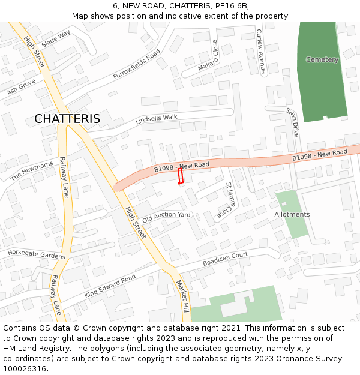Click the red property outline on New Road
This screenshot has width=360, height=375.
coord(180,176)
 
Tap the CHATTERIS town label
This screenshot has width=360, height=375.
coord(67,119)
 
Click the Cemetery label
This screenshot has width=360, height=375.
coord(322,59)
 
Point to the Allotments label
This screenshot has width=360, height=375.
coord(292,214)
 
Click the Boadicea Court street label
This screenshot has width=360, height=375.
coord(225,259)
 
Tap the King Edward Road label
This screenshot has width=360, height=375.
coord(110,287)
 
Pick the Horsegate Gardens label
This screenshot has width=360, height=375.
coord(36,254)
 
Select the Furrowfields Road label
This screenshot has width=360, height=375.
coord(137,65)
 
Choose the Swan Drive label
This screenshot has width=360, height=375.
coord(292,122)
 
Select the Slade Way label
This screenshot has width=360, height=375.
coord(56,38)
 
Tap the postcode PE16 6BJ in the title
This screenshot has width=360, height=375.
coord(234,6)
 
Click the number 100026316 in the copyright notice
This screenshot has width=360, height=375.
coord(25,368)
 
